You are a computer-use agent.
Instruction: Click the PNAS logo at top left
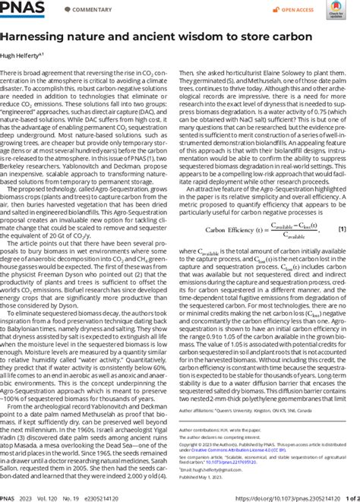tap(22, 10)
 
